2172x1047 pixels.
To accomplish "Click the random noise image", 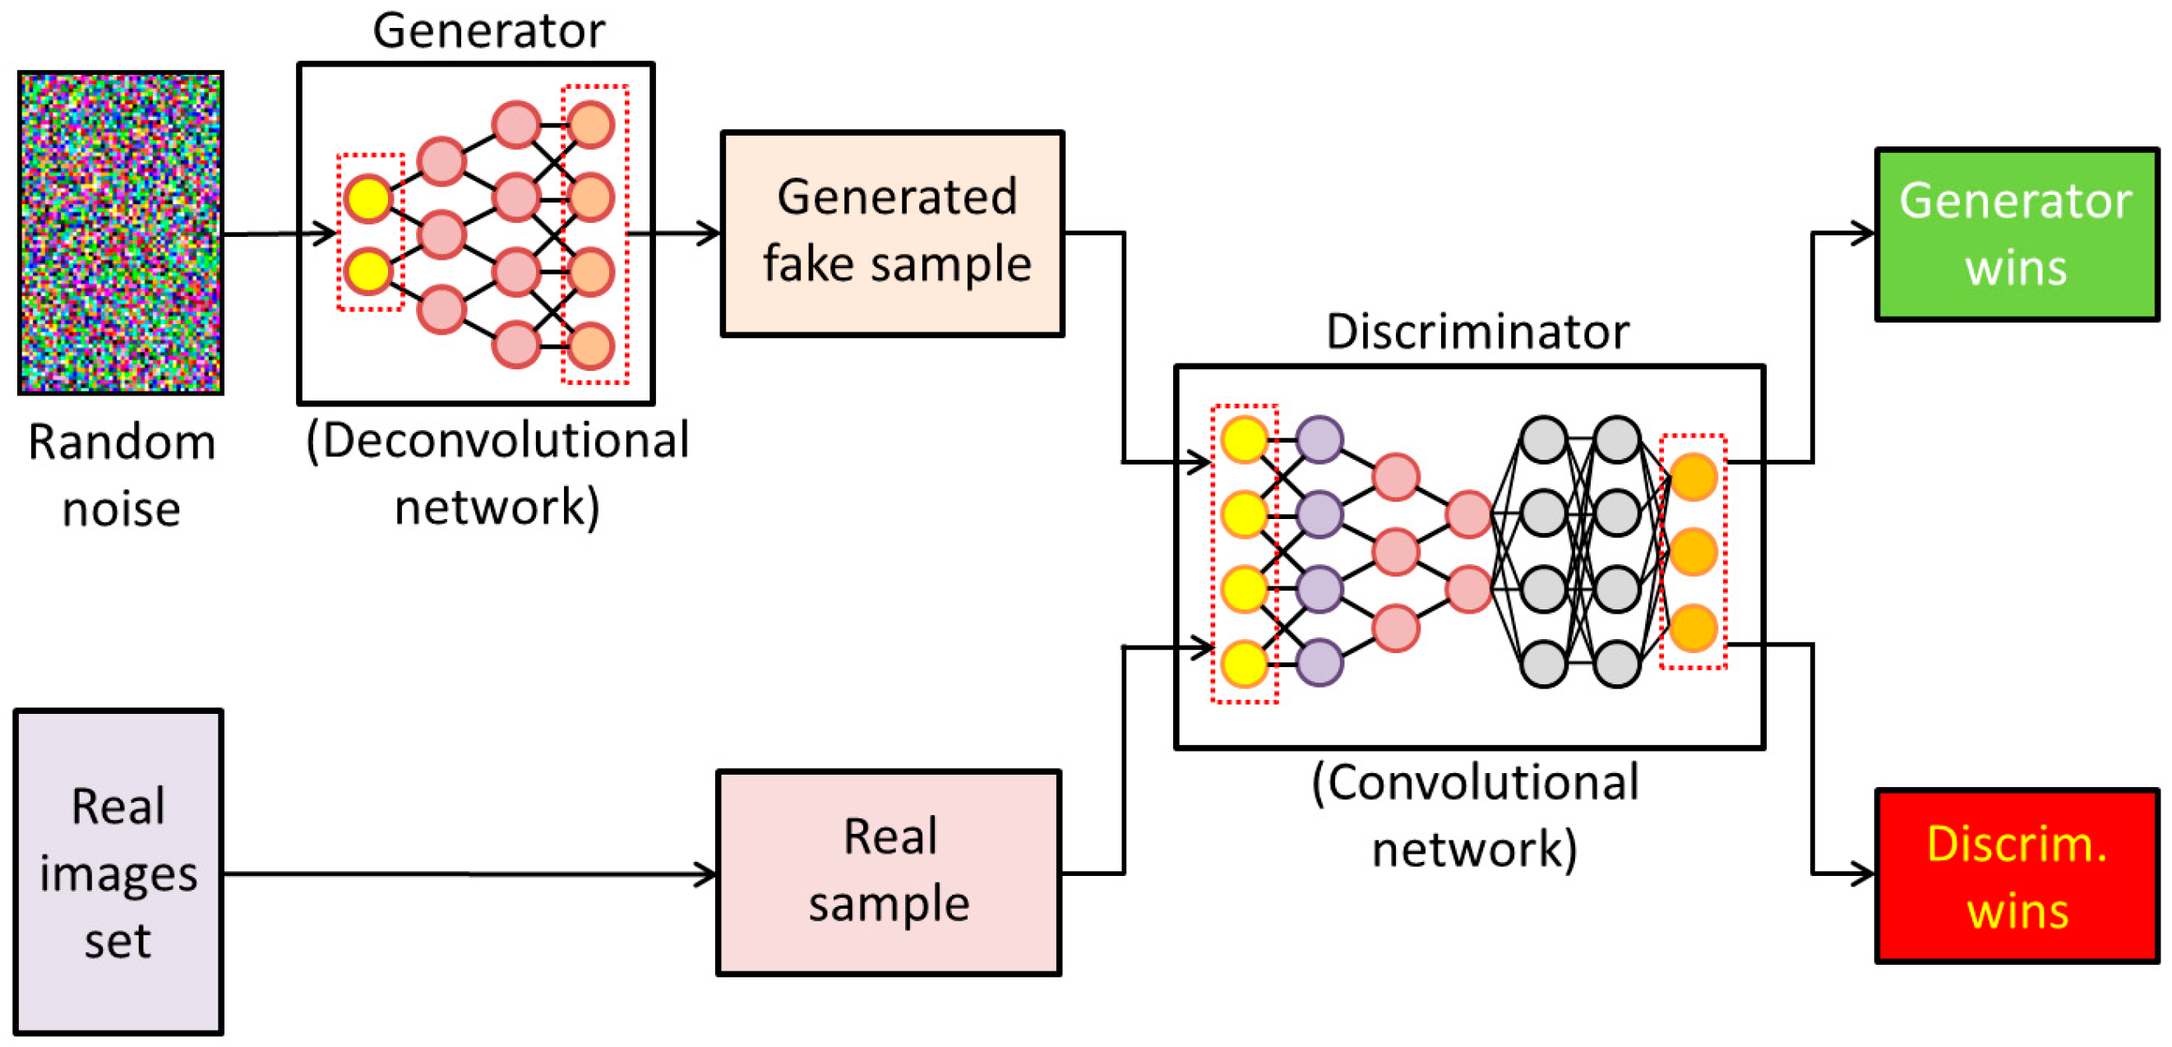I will (121, 233).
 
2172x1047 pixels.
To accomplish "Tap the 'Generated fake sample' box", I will (892, 234).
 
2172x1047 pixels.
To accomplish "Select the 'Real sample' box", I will (889, 873).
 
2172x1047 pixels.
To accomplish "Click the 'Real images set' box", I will (119, 872).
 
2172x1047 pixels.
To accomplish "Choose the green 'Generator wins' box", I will (2016, 234).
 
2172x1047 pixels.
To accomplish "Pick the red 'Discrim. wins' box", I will (2016, 876).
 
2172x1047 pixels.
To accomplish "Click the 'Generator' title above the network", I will (488, 31).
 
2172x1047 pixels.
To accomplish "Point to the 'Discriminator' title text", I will (1477, 331).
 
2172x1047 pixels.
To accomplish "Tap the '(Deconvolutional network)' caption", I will (497, 473).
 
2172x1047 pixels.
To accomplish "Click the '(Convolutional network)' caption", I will (1475, 815).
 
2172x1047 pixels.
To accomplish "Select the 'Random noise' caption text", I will (122, 475).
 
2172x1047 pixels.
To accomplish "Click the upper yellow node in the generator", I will (368, 198).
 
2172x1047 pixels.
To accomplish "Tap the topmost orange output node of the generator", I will (590, 125).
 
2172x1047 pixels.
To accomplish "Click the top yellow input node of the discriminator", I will (1245, 439).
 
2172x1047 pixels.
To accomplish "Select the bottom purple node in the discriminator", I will (1319, 662).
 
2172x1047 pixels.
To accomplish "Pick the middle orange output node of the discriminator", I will (1693, 552).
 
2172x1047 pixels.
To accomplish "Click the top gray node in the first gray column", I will (1544, 439).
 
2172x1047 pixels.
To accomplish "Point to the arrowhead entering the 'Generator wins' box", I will (1862, 234).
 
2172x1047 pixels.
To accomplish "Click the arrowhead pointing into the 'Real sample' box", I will (705, 874).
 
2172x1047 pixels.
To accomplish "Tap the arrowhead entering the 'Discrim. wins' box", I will (1862, 874).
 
